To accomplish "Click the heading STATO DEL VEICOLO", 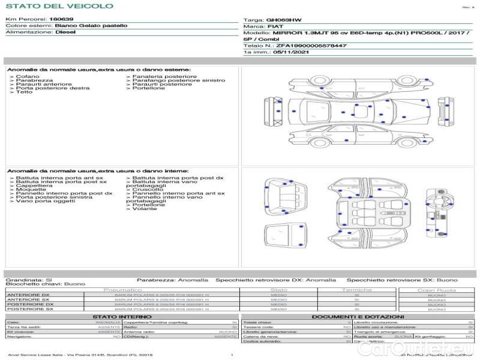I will [x=59, y=6].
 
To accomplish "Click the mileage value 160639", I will [x=61, y=19].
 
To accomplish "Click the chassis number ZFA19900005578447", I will [x=311, y=46].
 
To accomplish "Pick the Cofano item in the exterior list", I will [x=28, y=77].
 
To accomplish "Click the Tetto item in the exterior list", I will [x=24, y=92].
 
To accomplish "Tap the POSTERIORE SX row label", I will [x=29, y=309].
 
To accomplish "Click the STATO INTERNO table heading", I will [x=118, y=317].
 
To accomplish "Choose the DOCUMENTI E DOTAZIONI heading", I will [x=358, y=317].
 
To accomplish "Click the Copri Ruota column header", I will [x=437, y=290].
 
